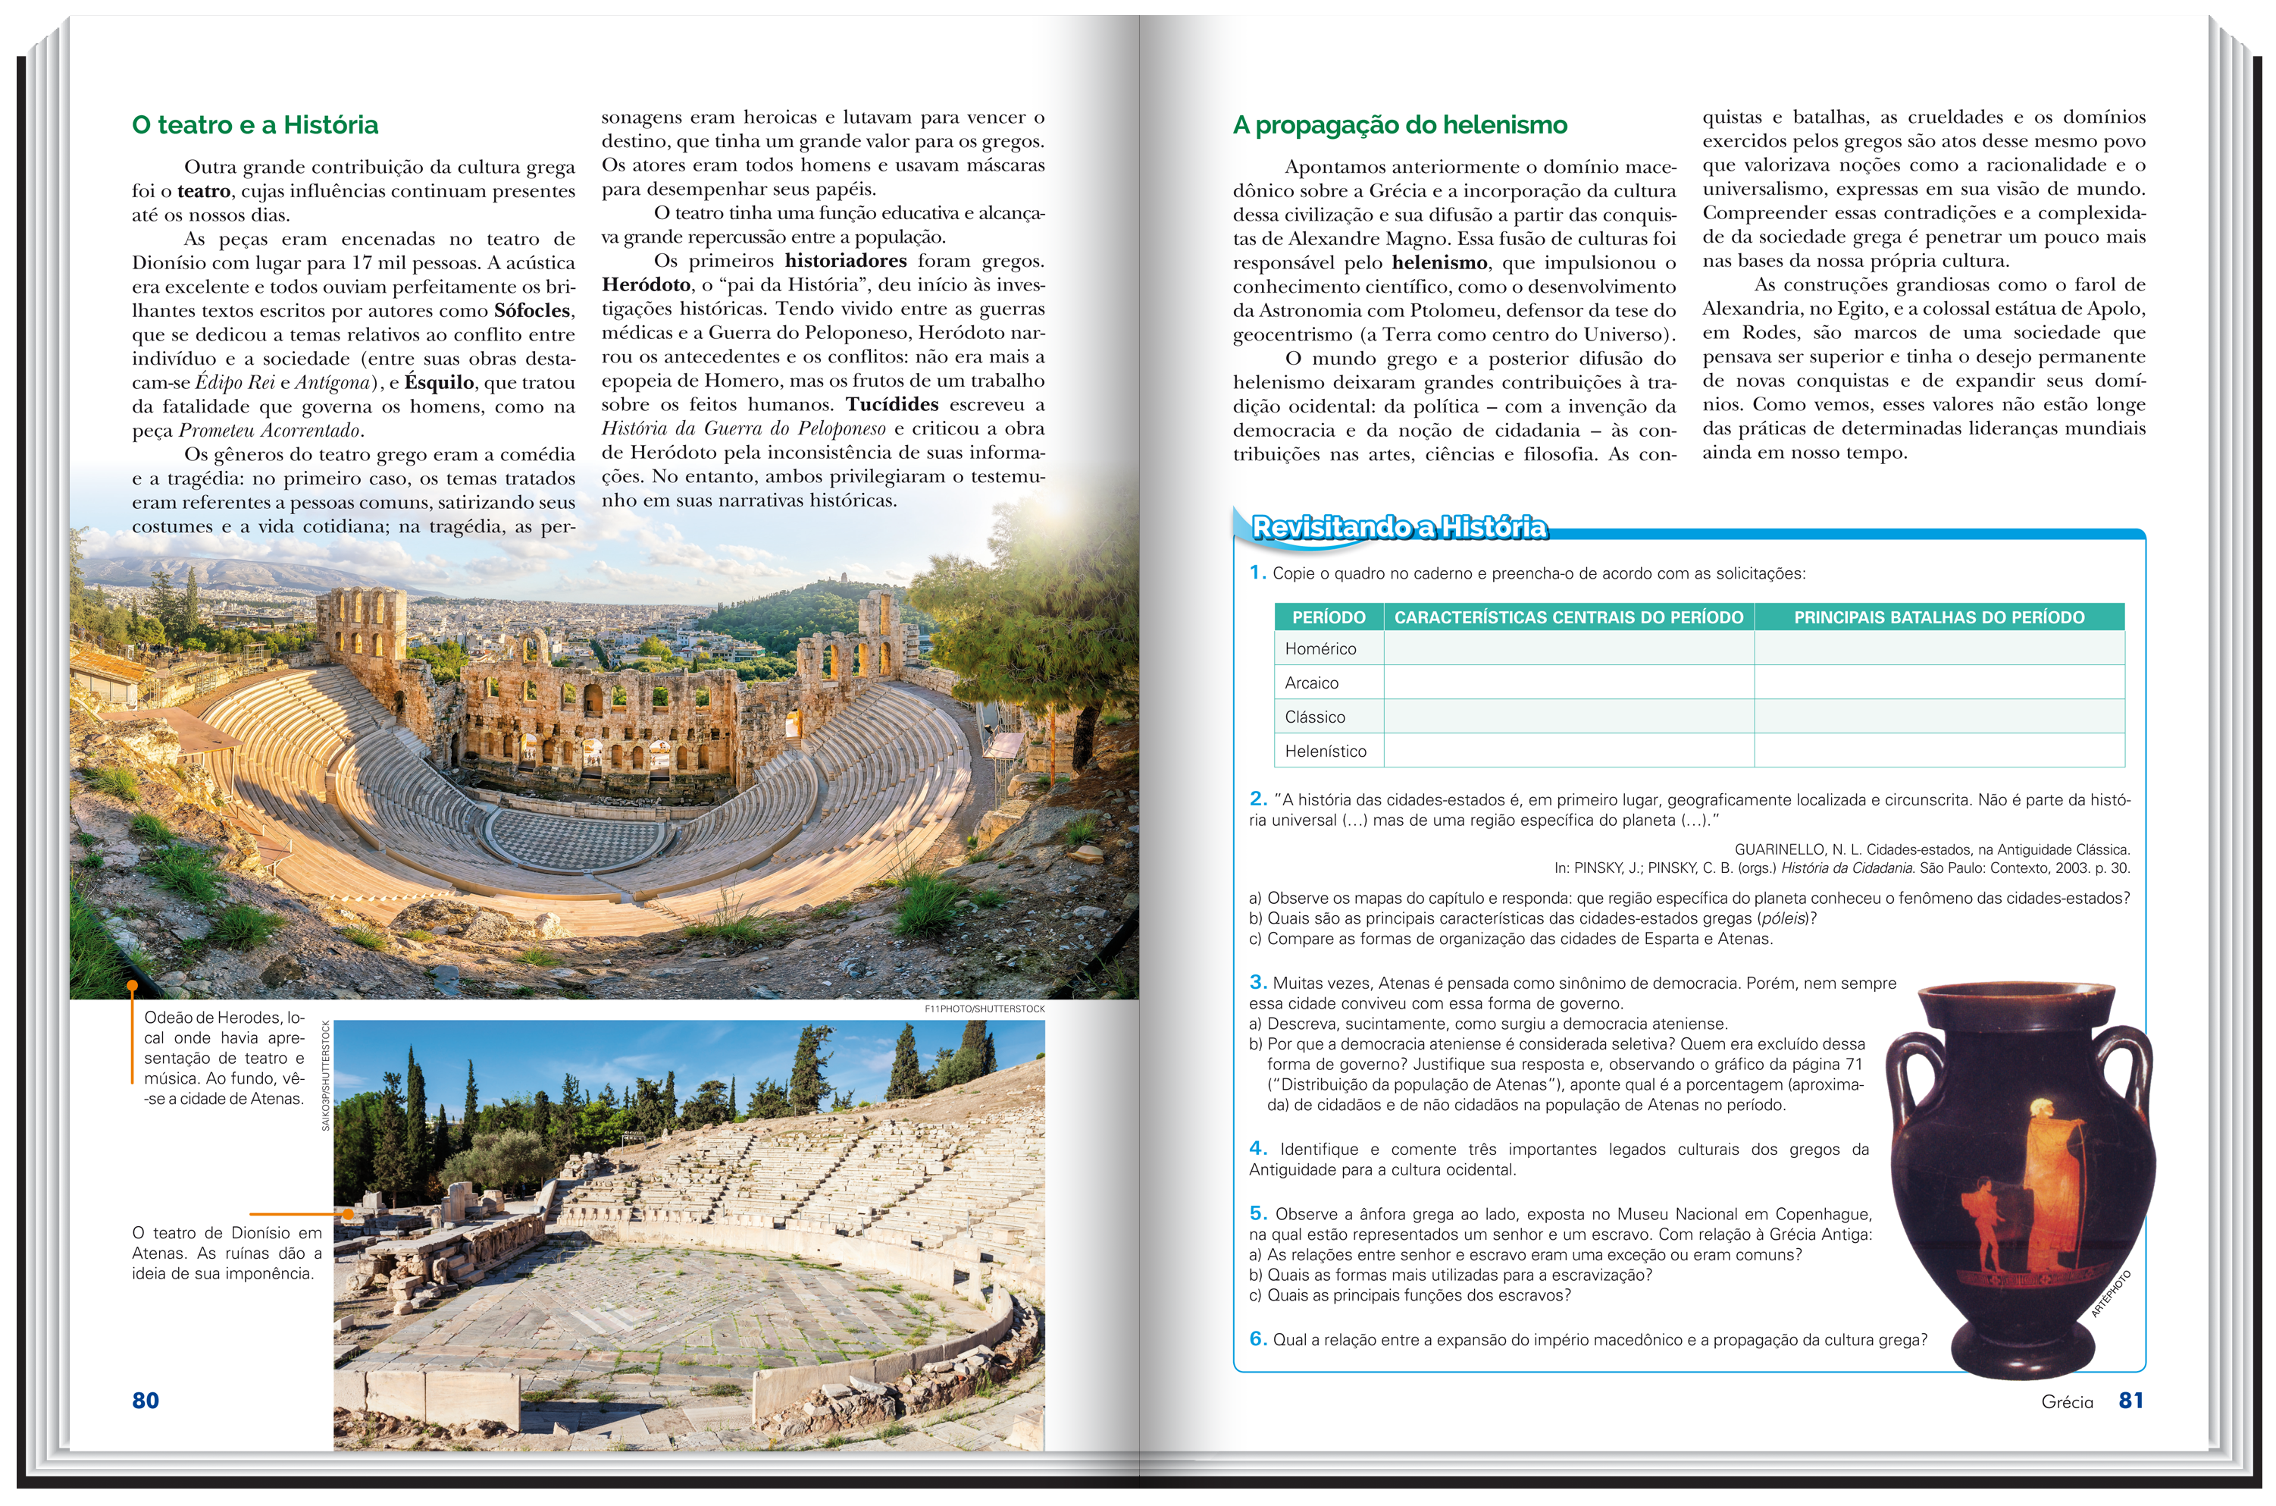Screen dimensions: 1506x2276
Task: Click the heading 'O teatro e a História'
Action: pyautogui.click(x=255, y=125)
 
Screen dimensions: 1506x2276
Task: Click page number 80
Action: pyautogui.click(x=145, y=1401)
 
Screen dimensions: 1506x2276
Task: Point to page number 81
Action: pyautogui.click(x=2130, y=1401)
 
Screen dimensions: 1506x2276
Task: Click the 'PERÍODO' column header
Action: pyautogui.click(x=1328, y=617)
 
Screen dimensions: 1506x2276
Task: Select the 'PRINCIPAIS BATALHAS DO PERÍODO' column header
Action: pyautogui.click(x=1938, y=617)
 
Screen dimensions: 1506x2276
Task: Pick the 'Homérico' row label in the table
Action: pyautogui.click(x=1320, y=649)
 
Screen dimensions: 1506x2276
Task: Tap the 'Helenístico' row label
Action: pyautogui.click(x=1325, y=751)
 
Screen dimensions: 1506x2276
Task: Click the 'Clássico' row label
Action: pyautogui.click(x=1314, y=717)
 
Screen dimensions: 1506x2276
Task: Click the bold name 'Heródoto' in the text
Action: pyautogui.click(x=646, y=285)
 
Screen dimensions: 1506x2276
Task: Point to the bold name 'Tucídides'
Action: pyautogui.click(x=892, y=404)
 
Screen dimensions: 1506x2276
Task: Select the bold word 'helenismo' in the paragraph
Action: pyautogui.click(x=1439, y=263)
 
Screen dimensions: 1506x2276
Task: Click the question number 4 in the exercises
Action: pyautogui.click(x=1257, y=1149)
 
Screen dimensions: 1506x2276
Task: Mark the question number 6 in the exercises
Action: pyautogui.click(x=1257, y=1339)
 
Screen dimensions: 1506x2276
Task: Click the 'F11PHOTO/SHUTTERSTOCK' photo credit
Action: pyautogui.click(x=983, y=1009)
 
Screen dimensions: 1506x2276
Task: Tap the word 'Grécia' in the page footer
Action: pyautogui.click(x=2067, y=1402)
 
